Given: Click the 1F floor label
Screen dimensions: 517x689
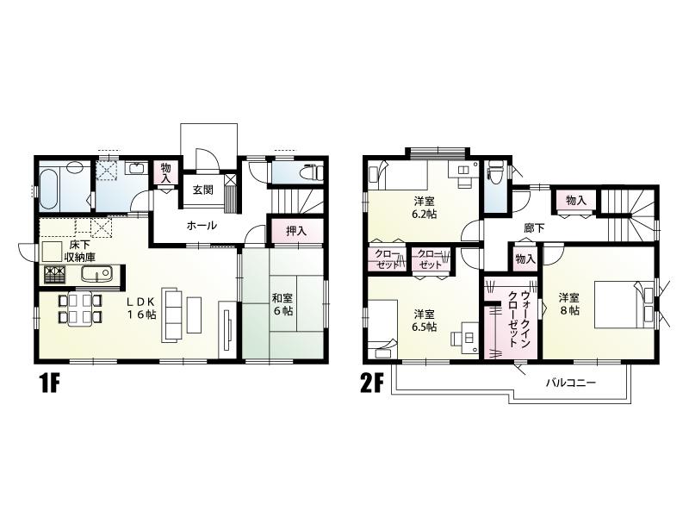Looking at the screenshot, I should [47, 383].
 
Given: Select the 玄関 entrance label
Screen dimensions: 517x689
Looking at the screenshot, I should [202, 190].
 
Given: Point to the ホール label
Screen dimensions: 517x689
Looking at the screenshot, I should [202, 226].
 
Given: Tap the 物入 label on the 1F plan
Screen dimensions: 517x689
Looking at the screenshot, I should [166, 173].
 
